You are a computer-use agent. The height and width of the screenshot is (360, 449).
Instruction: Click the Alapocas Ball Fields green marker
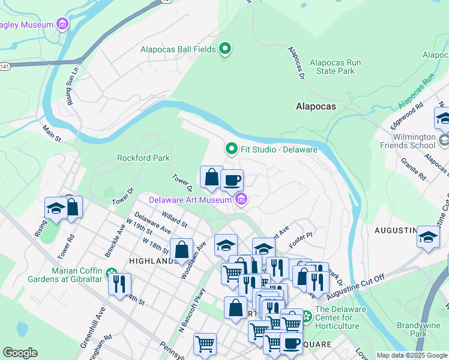pyautogui.click(x=225, y=49)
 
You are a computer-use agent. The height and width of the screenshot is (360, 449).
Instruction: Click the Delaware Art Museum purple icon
pyautogui.click(x=241, y=199)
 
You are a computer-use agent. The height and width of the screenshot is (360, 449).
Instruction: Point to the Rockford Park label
pyautogui.click(x=143, y=158)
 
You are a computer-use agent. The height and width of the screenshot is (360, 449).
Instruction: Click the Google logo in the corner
pyautogui.click(x=20, y=353)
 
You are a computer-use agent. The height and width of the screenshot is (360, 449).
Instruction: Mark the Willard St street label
pyautogui.click(x=175, y=219)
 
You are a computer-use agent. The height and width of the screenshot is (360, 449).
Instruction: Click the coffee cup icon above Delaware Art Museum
pyautogui.click(x=232, y=180)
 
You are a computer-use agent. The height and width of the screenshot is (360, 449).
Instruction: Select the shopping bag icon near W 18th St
pyautogui.click(x=181, y=250)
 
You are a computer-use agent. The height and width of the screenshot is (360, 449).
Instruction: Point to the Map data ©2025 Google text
pyautogui.click(x=412, y=355)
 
